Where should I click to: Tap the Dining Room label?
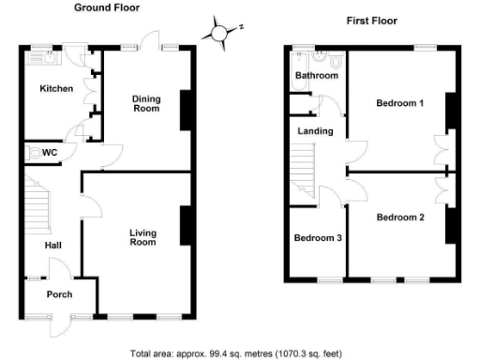145,103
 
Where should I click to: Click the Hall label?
53,246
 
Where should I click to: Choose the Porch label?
60,294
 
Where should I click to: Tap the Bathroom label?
316,75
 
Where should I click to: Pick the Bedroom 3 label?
317,238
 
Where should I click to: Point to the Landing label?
315,131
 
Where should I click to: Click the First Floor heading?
371,20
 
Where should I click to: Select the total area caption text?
239,353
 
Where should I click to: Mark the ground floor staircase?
35,206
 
